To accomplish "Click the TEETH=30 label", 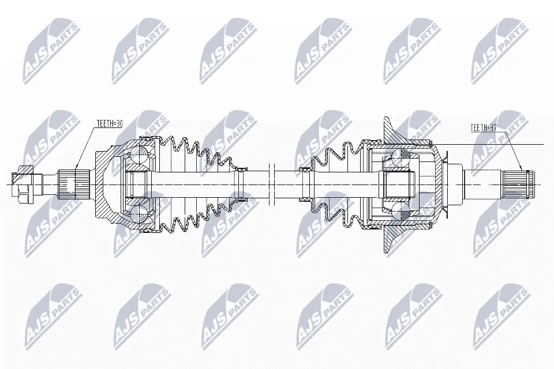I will click(110, 123).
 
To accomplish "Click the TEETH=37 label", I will click(484, 127).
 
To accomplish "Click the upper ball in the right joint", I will click(400, 157).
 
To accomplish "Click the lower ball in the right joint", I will click(400, 211).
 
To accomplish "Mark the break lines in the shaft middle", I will click(273, 184).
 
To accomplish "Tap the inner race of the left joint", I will click(137, 184).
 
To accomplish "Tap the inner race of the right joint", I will click(398, 184).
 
